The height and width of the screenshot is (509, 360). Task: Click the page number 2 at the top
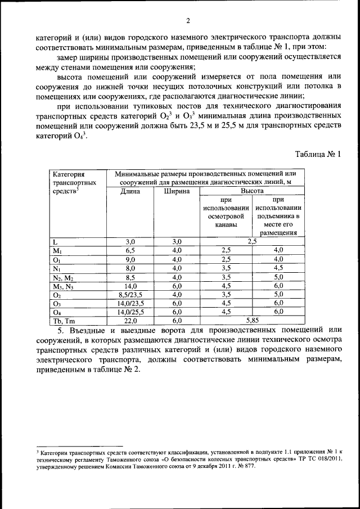188,21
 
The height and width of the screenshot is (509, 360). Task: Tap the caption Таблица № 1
318,153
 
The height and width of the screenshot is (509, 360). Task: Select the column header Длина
130,191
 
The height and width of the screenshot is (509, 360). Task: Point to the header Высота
253,191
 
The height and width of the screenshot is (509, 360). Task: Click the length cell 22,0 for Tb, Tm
130,321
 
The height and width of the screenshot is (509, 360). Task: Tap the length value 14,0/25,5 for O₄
130,312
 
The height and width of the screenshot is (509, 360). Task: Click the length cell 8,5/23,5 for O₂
130,294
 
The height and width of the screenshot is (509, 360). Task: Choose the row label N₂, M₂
63,277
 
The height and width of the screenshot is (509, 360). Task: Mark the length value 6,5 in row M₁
130,250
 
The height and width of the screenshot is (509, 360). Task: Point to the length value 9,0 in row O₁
130,259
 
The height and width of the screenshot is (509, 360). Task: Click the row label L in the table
55,241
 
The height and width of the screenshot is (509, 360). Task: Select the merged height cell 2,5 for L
253,241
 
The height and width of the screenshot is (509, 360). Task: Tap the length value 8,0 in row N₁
130,268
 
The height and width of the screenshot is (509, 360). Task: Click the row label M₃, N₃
63,286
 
